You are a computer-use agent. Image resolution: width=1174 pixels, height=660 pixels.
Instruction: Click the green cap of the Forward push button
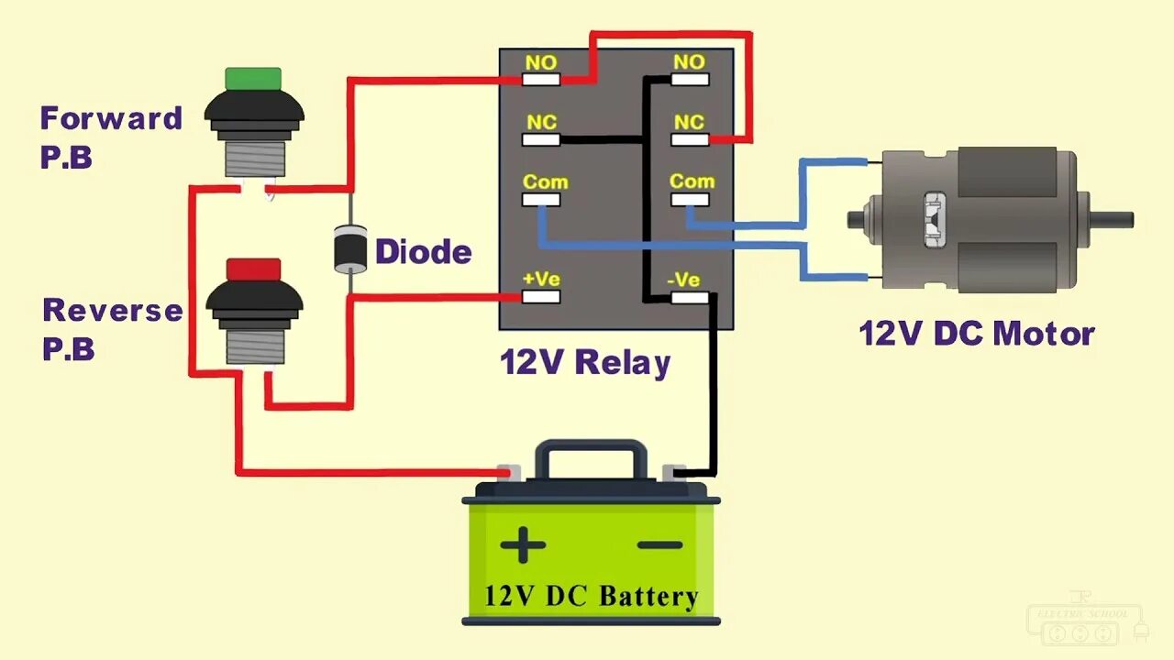pos(253,78)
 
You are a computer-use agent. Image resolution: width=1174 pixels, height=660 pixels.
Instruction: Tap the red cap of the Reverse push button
pos(254,269)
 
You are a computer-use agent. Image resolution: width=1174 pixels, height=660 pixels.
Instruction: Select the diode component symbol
pos(349,247)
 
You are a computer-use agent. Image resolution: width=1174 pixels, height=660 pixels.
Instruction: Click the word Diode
pos(424,252)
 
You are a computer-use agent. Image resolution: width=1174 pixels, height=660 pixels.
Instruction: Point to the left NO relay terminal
pos(541,79)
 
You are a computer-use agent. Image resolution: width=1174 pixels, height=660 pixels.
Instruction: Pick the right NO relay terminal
pos(690,79)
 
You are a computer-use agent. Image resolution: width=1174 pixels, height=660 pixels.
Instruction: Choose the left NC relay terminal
pos(541,139)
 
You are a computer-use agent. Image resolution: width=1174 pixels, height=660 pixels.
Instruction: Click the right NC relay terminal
pos(690,139)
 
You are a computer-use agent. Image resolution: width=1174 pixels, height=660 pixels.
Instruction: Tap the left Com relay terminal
pos(541,199)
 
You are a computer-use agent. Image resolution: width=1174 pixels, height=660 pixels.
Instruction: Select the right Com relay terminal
pos(690,199)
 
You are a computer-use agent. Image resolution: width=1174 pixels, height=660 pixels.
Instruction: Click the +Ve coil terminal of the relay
pos(541,297)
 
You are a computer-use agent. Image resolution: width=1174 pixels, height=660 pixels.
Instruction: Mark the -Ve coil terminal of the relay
pos(690,297)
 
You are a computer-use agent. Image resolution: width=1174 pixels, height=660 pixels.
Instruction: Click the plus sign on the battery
pos(523,545)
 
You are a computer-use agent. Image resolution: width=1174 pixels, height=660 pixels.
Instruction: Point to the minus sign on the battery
pos(659,545)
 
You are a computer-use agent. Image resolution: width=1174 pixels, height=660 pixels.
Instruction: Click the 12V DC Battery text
pos(592,597)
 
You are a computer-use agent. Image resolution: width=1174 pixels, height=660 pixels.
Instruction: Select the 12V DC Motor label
pos(976,334)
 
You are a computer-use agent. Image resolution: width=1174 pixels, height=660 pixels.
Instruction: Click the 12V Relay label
pos(585,362)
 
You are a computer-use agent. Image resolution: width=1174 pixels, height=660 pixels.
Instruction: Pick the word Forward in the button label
pos(111,118)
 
